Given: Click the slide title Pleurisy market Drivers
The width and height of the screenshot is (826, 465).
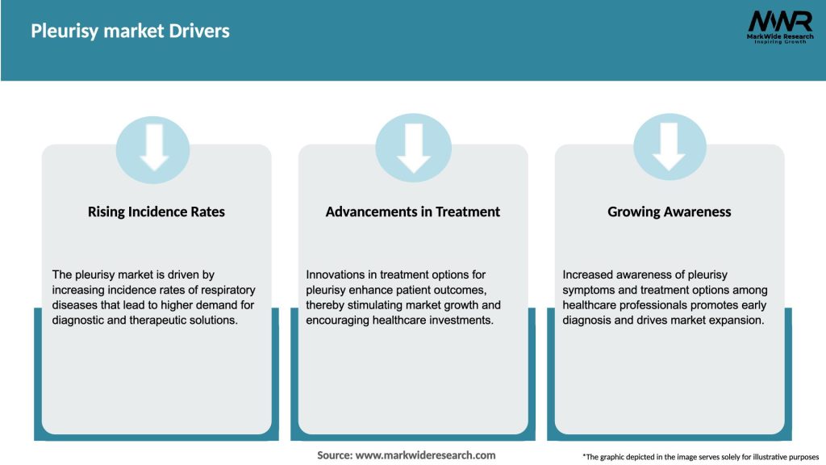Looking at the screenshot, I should [130, 31].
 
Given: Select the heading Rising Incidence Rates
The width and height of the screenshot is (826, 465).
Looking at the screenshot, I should [156, 212].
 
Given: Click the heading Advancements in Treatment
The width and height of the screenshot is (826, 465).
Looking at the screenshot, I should [413, 212].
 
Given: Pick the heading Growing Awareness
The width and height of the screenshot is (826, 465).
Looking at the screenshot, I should [670, 212].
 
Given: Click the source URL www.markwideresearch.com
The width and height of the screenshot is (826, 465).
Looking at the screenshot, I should [425, 455].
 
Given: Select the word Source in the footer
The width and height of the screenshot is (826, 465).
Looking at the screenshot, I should [335, 455].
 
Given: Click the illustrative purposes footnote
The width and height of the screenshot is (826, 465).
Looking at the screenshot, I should [700, 457].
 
